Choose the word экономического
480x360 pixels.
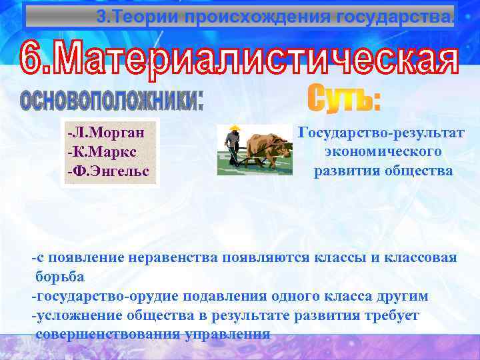pyautogui.click(x=383, y=152)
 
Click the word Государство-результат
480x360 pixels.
pyautogui.click(x=383, y=133)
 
